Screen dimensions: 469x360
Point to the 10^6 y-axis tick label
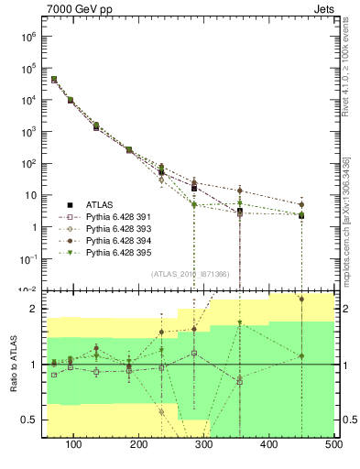(x=27, y=38)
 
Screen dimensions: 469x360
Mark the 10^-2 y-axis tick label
(x=27, y=289)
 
